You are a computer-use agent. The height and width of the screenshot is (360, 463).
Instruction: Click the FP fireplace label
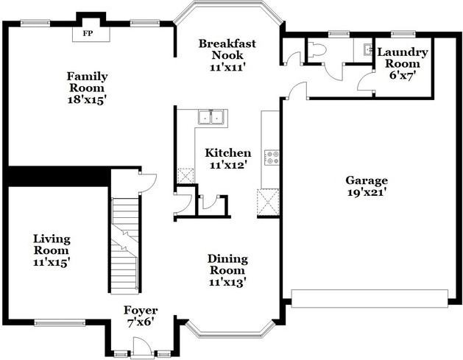pos(88,33)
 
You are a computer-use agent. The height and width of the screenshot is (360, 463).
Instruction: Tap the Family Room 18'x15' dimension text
pos(87,100)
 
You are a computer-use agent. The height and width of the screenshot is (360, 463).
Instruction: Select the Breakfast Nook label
pos(227,49)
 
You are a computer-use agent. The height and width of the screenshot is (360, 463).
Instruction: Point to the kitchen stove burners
pos(272,157)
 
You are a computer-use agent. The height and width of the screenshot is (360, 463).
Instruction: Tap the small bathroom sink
pos(368,49)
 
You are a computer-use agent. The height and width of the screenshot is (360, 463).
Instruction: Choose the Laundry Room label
pos(403,58)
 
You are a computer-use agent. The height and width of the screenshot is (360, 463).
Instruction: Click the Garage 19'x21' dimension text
pos(367,193)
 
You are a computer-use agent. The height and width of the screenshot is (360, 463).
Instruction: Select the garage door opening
pos(370,299)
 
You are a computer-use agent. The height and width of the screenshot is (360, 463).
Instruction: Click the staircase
pos(124,245)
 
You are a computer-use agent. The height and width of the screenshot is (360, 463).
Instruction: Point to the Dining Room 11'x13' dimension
pos(227,283)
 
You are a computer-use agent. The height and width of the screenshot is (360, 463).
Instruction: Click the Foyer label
pos(141,311)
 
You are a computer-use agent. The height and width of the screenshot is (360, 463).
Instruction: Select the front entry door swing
pos(141,346)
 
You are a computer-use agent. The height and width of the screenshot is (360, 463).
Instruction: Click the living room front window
pos(60,322)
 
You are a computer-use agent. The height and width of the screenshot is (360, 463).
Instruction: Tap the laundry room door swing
pos(365,81)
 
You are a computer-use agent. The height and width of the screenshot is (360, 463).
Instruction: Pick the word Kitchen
pos(228,153)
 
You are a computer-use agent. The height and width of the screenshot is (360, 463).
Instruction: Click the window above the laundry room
pos(403,34)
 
